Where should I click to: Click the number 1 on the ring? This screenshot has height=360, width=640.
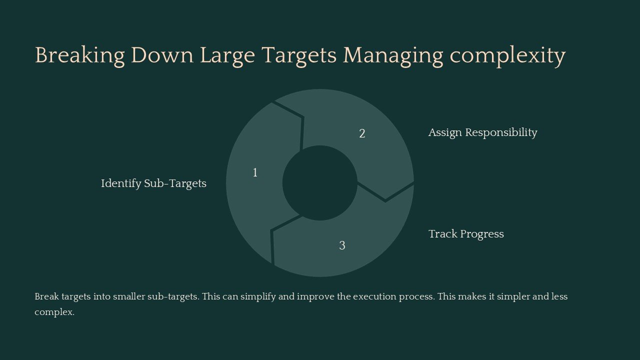point(255,173)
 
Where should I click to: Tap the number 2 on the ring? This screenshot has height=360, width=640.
point(362,134)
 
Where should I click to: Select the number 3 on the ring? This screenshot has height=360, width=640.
point(342,245)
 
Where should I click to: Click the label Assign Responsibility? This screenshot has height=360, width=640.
point(482,132)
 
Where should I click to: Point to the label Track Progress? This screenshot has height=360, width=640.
point(466,234)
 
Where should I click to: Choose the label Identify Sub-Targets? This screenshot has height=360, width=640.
point(153,183)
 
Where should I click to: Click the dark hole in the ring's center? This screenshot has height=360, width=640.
point(320,183)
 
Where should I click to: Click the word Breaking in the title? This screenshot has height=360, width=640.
point(79,55)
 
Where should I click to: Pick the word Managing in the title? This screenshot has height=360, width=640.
point(392,55)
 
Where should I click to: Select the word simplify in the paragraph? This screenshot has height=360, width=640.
point(258,296)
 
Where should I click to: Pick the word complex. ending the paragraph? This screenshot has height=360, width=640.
point(54,312)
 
